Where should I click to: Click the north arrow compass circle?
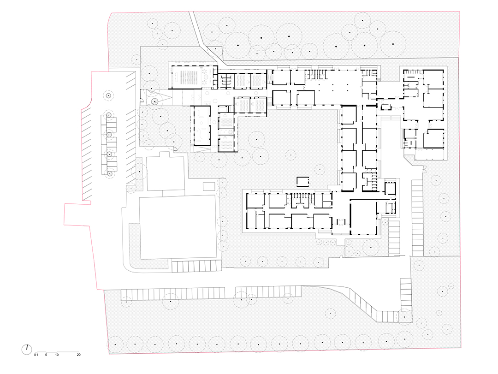click(x=27, y=350)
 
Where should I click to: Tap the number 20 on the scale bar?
click(x=79, y=355)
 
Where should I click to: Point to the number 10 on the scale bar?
click(x=57, y=355)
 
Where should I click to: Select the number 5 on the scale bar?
click(x=46, y=355)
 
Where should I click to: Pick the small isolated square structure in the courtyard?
click(x=302, y=182)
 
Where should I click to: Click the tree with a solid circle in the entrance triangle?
click(x=154, y=101)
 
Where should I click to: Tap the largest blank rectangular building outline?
click(x=178, y=227)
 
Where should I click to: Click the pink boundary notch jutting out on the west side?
click(x=77, y=214)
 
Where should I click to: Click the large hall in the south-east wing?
click(x=363, y=217)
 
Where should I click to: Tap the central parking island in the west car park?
click(x=109, y=145)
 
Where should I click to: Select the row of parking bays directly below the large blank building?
click(x=196, y=266)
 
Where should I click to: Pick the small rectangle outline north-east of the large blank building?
click(x=209, y=186)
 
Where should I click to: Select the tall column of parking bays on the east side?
click(x=417, y=218)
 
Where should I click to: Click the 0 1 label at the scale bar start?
click(x=36, y=355)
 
